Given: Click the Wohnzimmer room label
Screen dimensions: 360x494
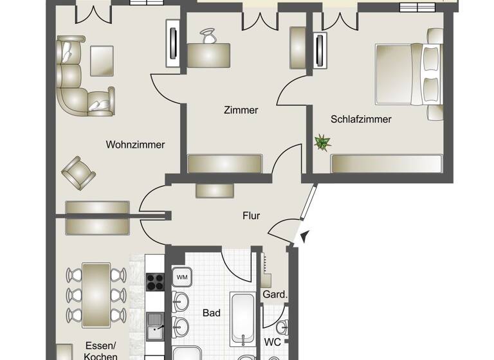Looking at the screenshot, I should (x=135, y=145).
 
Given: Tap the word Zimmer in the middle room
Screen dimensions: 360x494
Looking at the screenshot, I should (x=241, y=110).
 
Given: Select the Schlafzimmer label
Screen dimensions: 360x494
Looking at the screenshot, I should (x=361, y=119).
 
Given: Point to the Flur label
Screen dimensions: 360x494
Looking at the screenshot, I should (x=251, y=215).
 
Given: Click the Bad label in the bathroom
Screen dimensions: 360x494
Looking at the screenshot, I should (x=212, y=313).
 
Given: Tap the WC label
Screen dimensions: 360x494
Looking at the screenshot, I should (x=273, y=342).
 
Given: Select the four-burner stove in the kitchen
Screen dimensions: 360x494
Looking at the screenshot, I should (x=156, y=282).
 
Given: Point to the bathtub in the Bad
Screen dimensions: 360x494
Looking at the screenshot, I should (x=243, y=318).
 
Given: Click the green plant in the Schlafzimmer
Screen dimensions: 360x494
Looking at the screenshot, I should (x=322, y=142).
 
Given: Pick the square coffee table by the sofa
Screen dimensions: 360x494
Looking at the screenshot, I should (x=102, y=59).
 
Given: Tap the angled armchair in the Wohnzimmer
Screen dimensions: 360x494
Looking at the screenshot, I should (x=79, y=172).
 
